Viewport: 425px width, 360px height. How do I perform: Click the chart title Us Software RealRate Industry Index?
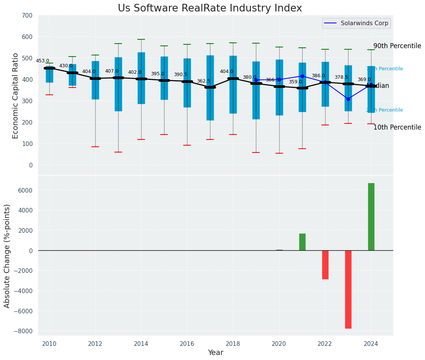pyautogui.click(x=210, y=8)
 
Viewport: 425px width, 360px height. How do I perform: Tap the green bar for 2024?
pyautogui.click(x=371, y=217)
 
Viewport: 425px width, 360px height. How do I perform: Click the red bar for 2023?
pyautogui.click(x=348, y=289)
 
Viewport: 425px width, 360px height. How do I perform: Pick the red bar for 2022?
pyautogui.click(x=325, y=265)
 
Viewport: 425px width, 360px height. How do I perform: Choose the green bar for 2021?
pyautogui.click(x=302, y=242)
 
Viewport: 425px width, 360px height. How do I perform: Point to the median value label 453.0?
pyautogui.click(x=42, y=61)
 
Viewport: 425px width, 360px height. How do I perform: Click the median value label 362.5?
pyautogui.click(x=203, y=81)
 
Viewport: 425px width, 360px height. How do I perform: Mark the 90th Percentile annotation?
pyautogui.click(x=397, y=46)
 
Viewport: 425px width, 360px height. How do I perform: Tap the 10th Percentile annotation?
pyautogui.click(x=397, y=127)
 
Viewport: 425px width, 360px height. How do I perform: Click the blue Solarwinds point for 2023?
pyautogui.click(x=348, y=99)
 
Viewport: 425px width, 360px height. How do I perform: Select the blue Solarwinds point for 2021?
pyautogui.click(x=302, y=76)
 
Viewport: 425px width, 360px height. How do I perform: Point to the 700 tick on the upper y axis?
pyautogui.click(x=30, y=15)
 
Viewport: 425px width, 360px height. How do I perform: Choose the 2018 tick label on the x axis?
pyautogui.click(x=233, y=344)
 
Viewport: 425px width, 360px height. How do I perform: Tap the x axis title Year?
pyautogui.click(x=215, y=353)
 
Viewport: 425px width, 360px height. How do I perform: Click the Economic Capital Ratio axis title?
pyautogui.click(x=15, y=96)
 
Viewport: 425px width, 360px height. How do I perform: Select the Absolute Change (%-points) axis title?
pyautogui.click(x=7, y=256)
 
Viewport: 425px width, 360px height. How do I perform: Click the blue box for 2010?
pyautogui.click(x=49, y=75)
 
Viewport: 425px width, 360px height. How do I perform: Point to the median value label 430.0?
pyautogui.click(x=65, y=66)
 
